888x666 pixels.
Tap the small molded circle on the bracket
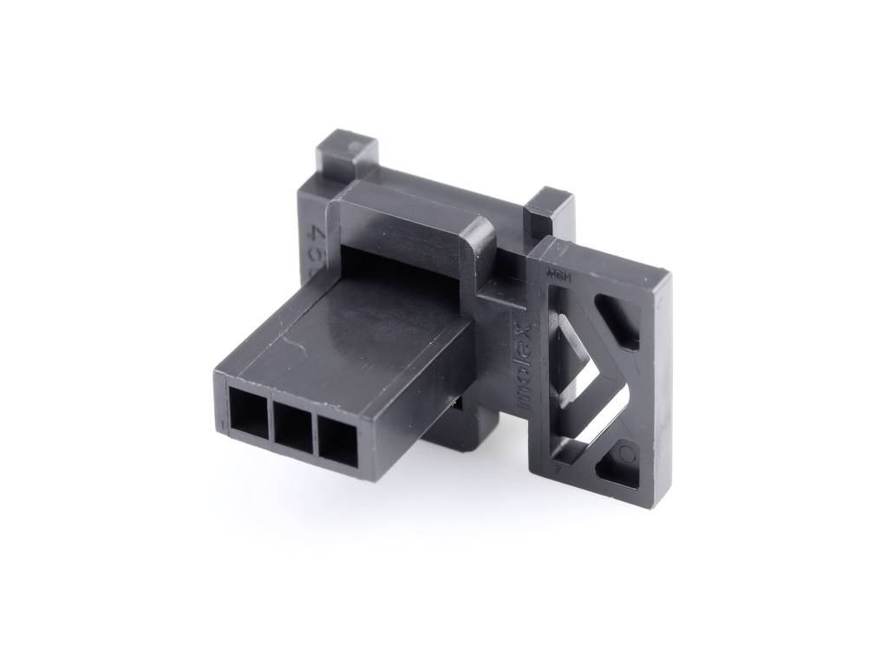point(629,453)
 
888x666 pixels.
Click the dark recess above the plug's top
point(390,260)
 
